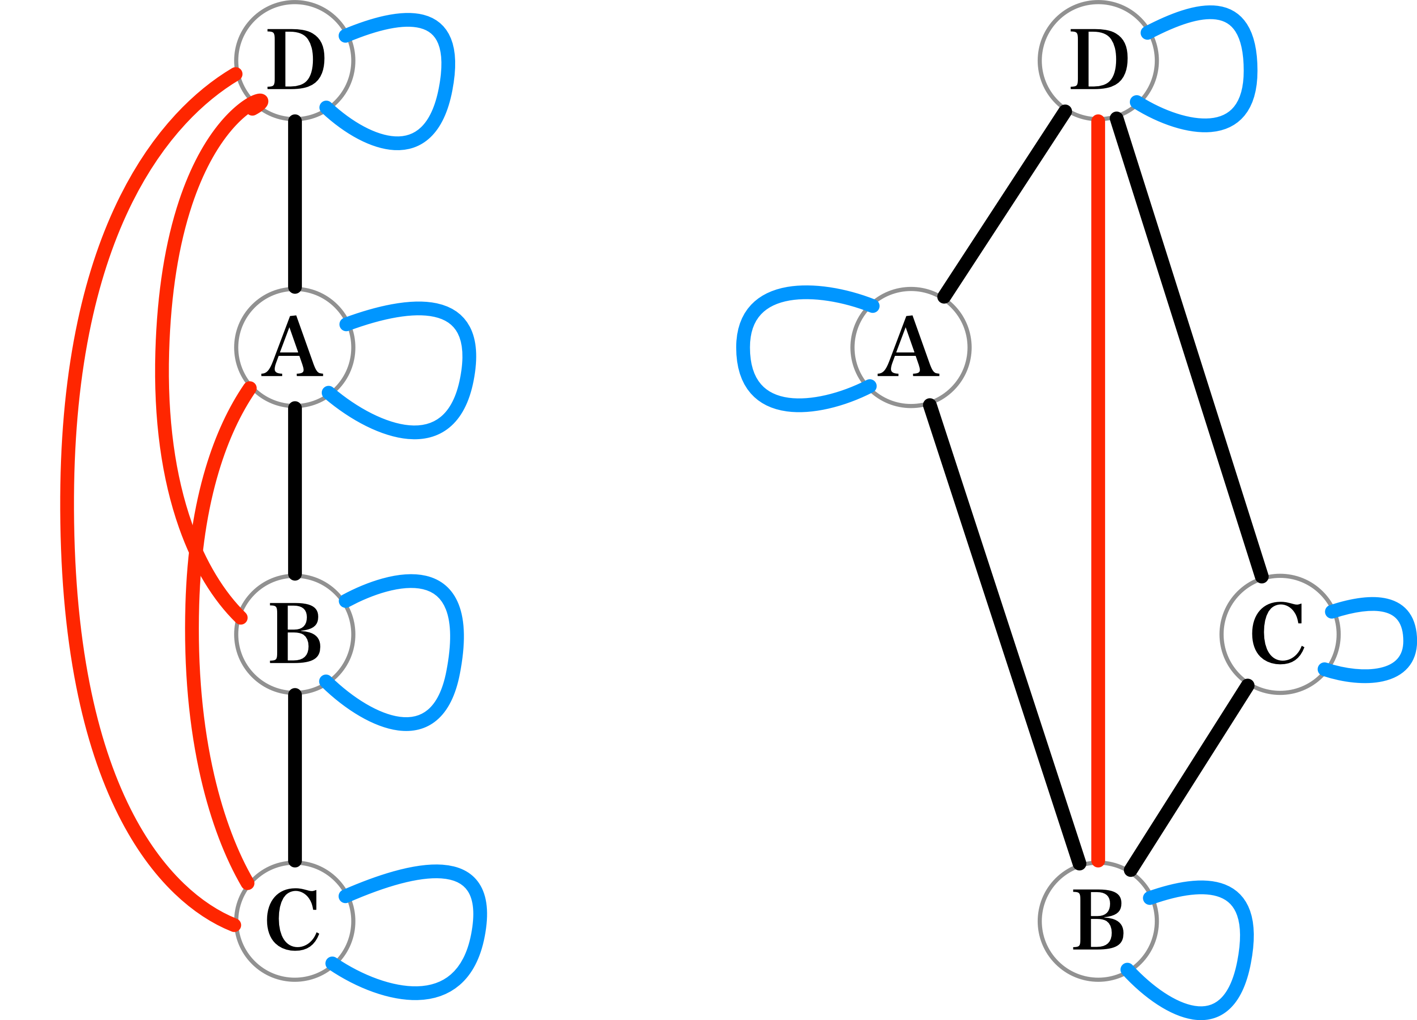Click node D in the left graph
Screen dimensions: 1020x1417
click(295, 60)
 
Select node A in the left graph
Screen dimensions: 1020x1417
click(295, 348)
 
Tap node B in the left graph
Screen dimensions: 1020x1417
click(295, 634)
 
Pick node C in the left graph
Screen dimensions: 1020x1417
click(295, 921)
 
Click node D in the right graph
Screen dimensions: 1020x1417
click(1098, 60)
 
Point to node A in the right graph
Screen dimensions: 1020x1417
click(911, 348)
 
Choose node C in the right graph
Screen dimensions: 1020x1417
click(1280, 634)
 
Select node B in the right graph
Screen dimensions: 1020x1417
click(1098, 921)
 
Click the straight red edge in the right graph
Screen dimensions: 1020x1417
click(1098, 487)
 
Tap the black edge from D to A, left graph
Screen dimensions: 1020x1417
click(295, 204)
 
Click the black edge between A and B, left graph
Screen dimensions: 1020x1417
click(295, 491)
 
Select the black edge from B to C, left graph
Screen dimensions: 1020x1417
click(295, 778)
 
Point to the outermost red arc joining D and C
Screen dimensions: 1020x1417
click(67, 500)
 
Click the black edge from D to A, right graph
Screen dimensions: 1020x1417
click(1004, 205)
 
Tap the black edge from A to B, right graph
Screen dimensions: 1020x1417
click(1004, 634)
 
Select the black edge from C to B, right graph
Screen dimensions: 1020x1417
click(1189, 778)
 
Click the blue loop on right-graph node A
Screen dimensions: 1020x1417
click(744, 350)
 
